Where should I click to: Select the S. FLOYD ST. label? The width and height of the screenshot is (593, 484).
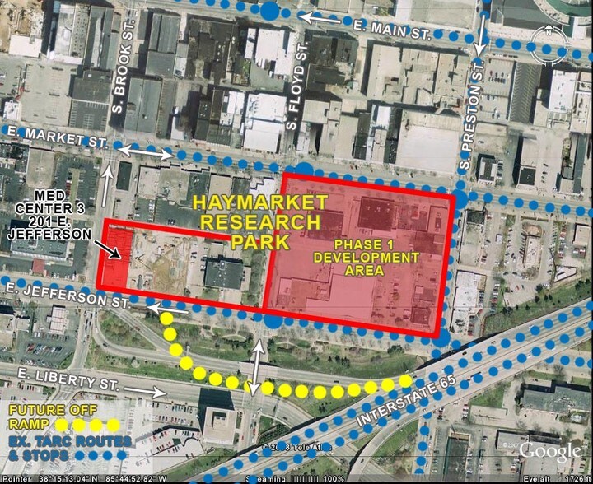(303, 71)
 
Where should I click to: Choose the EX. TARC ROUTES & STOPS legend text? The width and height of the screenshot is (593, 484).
(68, 449)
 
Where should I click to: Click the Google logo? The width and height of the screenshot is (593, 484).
(549, 450)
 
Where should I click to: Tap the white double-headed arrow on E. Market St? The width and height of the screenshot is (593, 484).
(144, 153)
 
